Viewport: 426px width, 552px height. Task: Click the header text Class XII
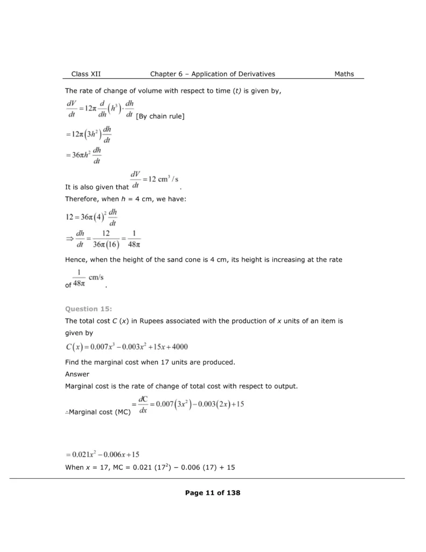pyautogui.click(x=86, y=74)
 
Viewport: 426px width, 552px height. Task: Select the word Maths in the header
pyautogui.click(x=344, y=74)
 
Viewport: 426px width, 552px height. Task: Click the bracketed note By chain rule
pyautogui.click(x=161, y=116)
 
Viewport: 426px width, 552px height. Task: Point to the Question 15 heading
pyautogui.click(x=88, y=309)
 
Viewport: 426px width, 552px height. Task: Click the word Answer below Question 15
pyautogui.click(x=77, y=374)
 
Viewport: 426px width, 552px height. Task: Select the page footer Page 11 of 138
pyautogui.click(x=212, y=493)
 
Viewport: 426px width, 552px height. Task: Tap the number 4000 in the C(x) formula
pyautogui.click(x=177, y=347)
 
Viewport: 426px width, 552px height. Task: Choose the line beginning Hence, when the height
pyautogui.click(x=204, y=260)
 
